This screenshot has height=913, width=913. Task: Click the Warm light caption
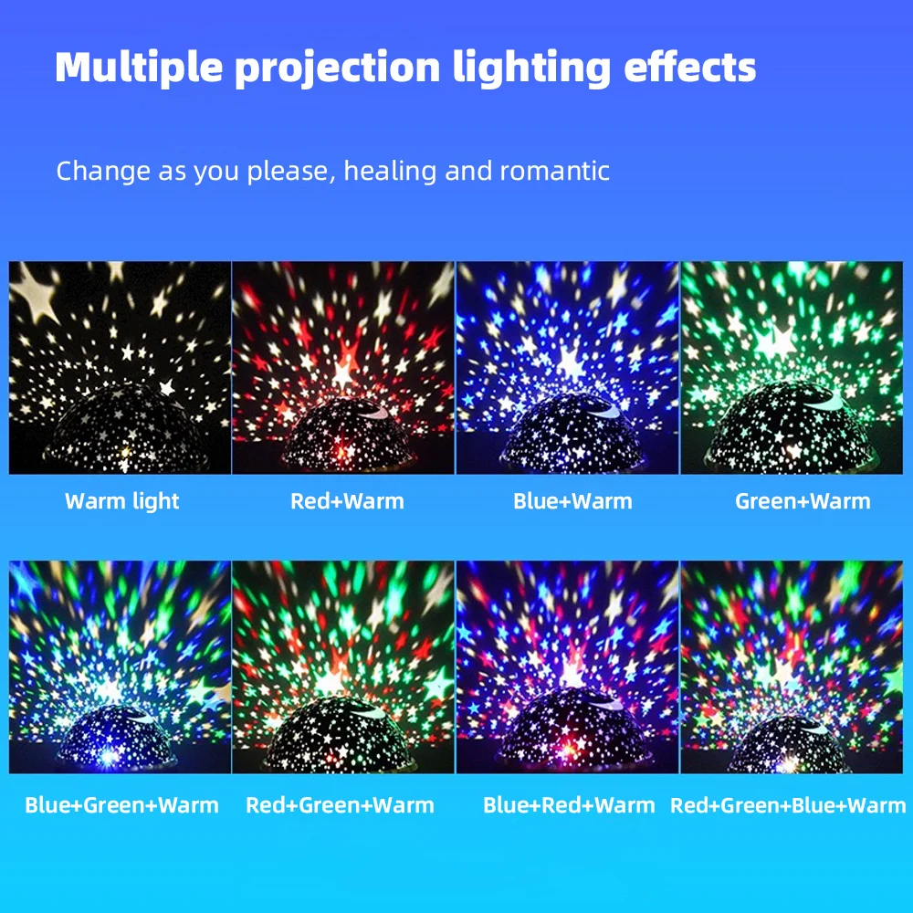122,501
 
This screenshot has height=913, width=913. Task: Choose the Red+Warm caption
347,501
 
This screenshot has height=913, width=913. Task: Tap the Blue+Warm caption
572,501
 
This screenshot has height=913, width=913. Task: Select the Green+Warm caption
803,501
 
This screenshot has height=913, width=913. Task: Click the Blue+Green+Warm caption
121,805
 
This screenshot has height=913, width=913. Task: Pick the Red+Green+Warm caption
340,805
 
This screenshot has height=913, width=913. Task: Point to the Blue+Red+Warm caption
569,805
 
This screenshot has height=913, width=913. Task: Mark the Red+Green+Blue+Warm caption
788,805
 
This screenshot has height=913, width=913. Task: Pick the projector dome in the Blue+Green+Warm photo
117,735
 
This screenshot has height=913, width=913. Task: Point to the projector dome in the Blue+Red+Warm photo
568,730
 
